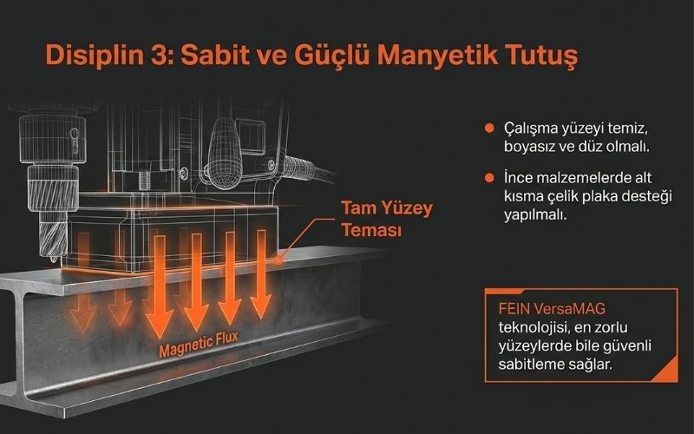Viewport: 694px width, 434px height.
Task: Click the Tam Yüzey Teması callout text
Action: (x=386, y=220)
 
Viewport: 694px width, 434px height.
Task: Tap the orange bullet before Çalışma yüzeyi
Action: (x=490, y=128)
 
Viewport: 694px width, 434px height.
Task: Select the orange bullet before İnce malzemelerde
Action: (x=490, y=177)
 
